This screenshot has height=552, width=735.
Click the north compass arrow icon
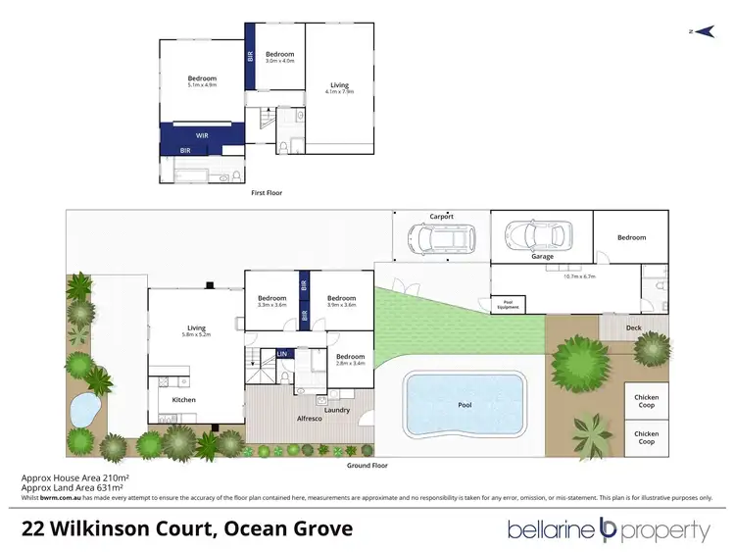point(697,31)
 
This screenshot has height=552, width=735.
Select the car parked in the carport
point(441,238)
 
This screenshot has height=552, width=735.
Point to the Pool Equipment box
point(508,303)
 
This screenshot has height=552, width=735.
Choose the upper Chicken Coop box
point(646,400)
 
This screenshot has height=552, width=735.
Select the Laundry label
point(339,409)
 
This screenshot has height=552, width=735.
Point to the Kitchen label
point(184,399)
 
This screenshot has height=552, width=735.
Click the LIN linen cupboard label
point(282,353)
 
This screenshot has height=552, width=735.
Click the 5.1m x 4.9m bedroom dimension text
point(202,84)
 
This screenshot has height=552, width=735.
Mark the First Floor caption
point(267,193)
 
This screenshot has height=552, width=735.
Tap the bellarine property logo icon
point(609,530)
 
